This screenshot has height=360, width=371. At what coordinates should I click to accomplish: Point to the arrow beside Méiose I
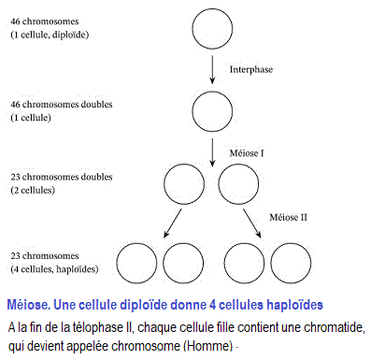pos(216,149)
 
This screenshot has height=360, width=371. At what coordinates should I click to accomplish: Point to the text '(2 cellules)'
pos(34,190)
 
